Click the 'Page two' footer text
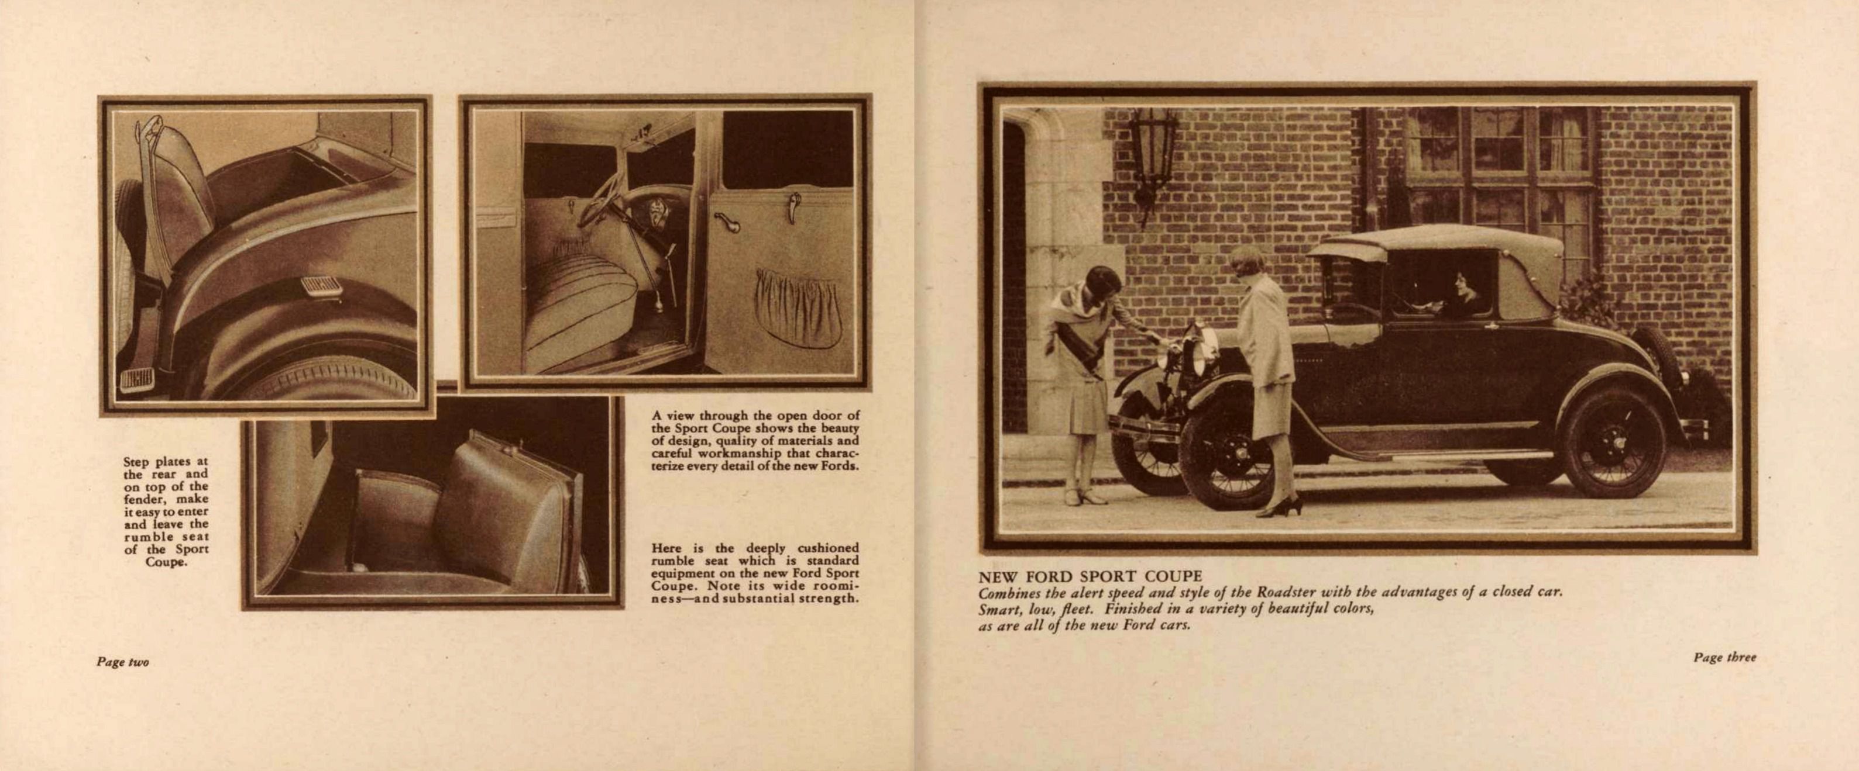(123, 662)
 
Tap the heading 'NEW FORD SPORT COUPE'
(1090, 577)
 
